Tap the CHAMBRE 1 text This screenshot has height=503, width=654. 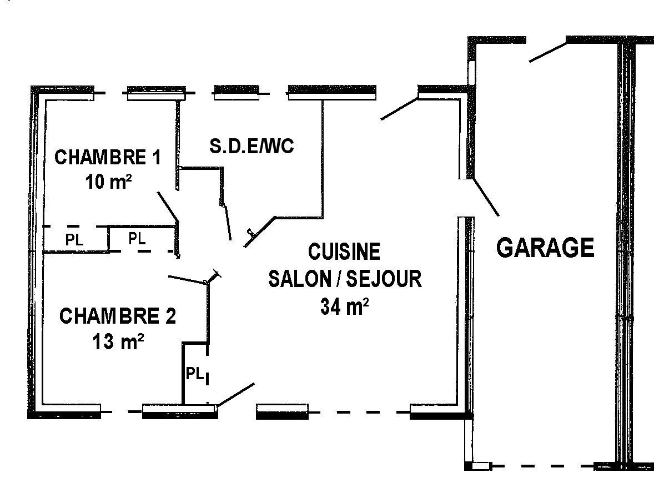tap(108, 158)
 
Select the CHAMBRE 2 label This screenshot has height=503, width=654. tap(118, 316)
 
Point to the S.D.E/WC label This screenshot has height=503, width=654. tap(251, 146)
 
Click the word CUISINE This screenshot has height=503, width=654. tap(344, 251)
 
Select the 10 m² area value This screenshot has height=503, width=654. tap(109, 182)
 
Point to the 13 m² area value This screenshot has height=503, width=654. tap(118, 342)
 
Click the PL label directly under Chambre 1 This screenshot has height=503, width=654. tap(74, 240)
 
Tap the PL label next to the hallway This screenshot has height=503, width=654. tap(137, 239)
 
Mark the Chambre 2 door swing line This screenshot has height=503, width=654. tap(187, 280)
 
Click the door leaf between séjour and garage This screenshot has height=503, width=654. tap(486, 197)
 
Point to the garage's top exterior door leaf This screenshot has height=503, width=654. tap(547, 52)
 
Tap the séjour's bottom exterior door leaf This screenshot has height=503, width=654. tap(235, 395)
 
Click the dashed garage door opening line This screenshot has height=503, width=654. tap(542, 466)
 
